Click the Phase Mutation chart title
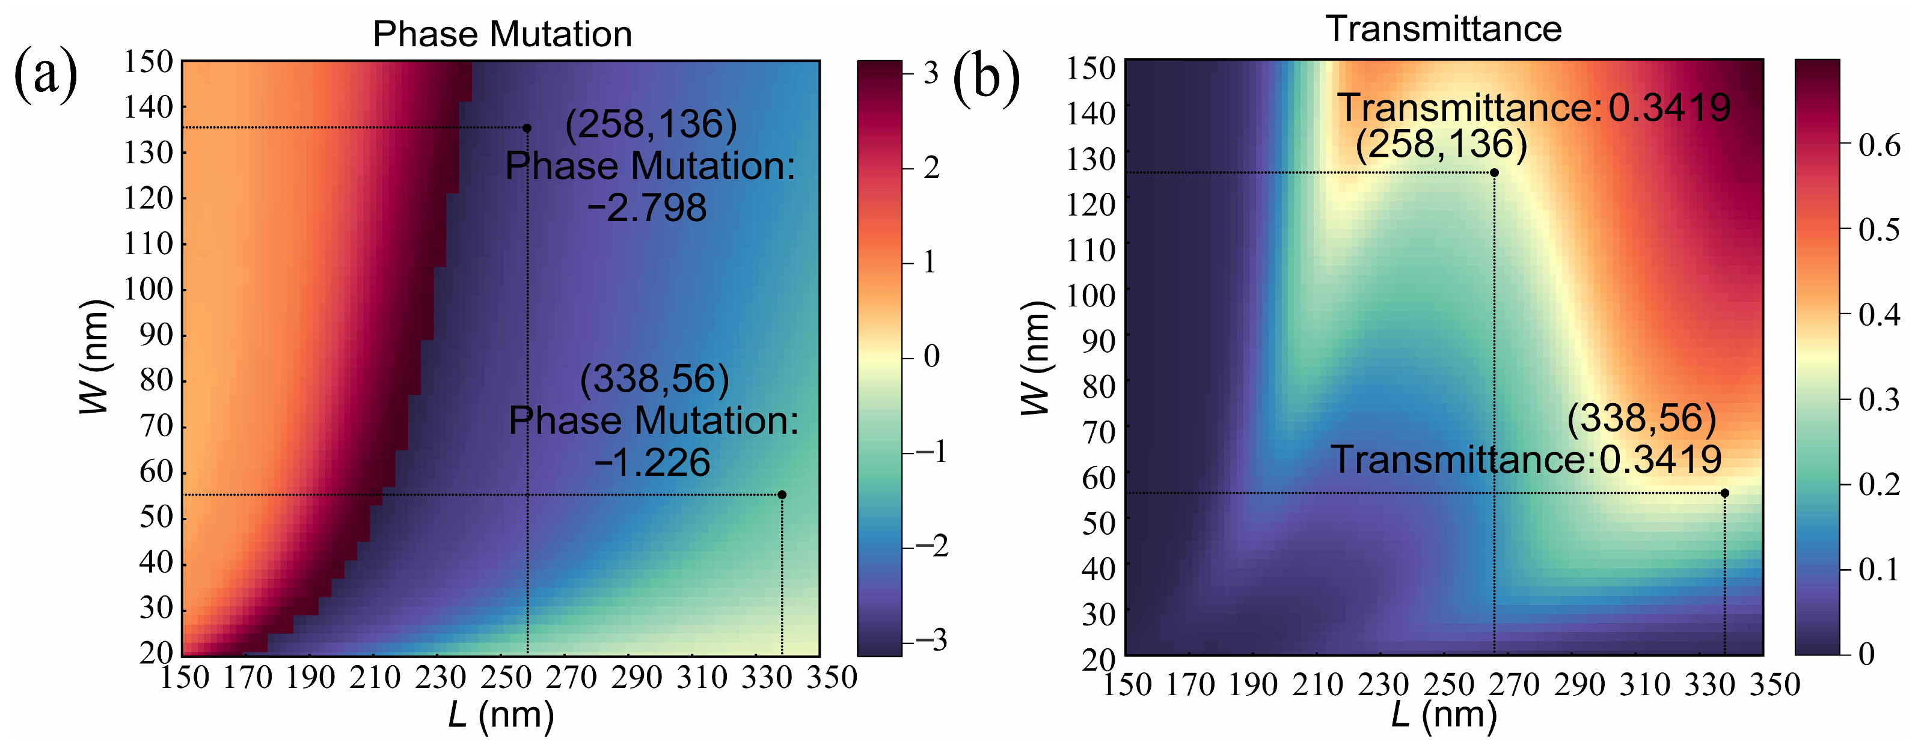pos(502,34)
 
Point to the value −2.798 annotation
pos(646,208)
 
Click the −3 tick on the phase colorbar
pos(931,641)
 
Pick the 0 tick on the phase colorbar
pos(931,356)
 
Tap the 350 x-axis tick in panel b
pos(1774,685)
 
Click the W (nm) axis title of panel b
pos(1035,357)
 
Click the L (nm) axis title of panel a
pos(501,716)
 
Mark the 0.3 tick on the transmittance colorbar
pos(1878,400)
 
